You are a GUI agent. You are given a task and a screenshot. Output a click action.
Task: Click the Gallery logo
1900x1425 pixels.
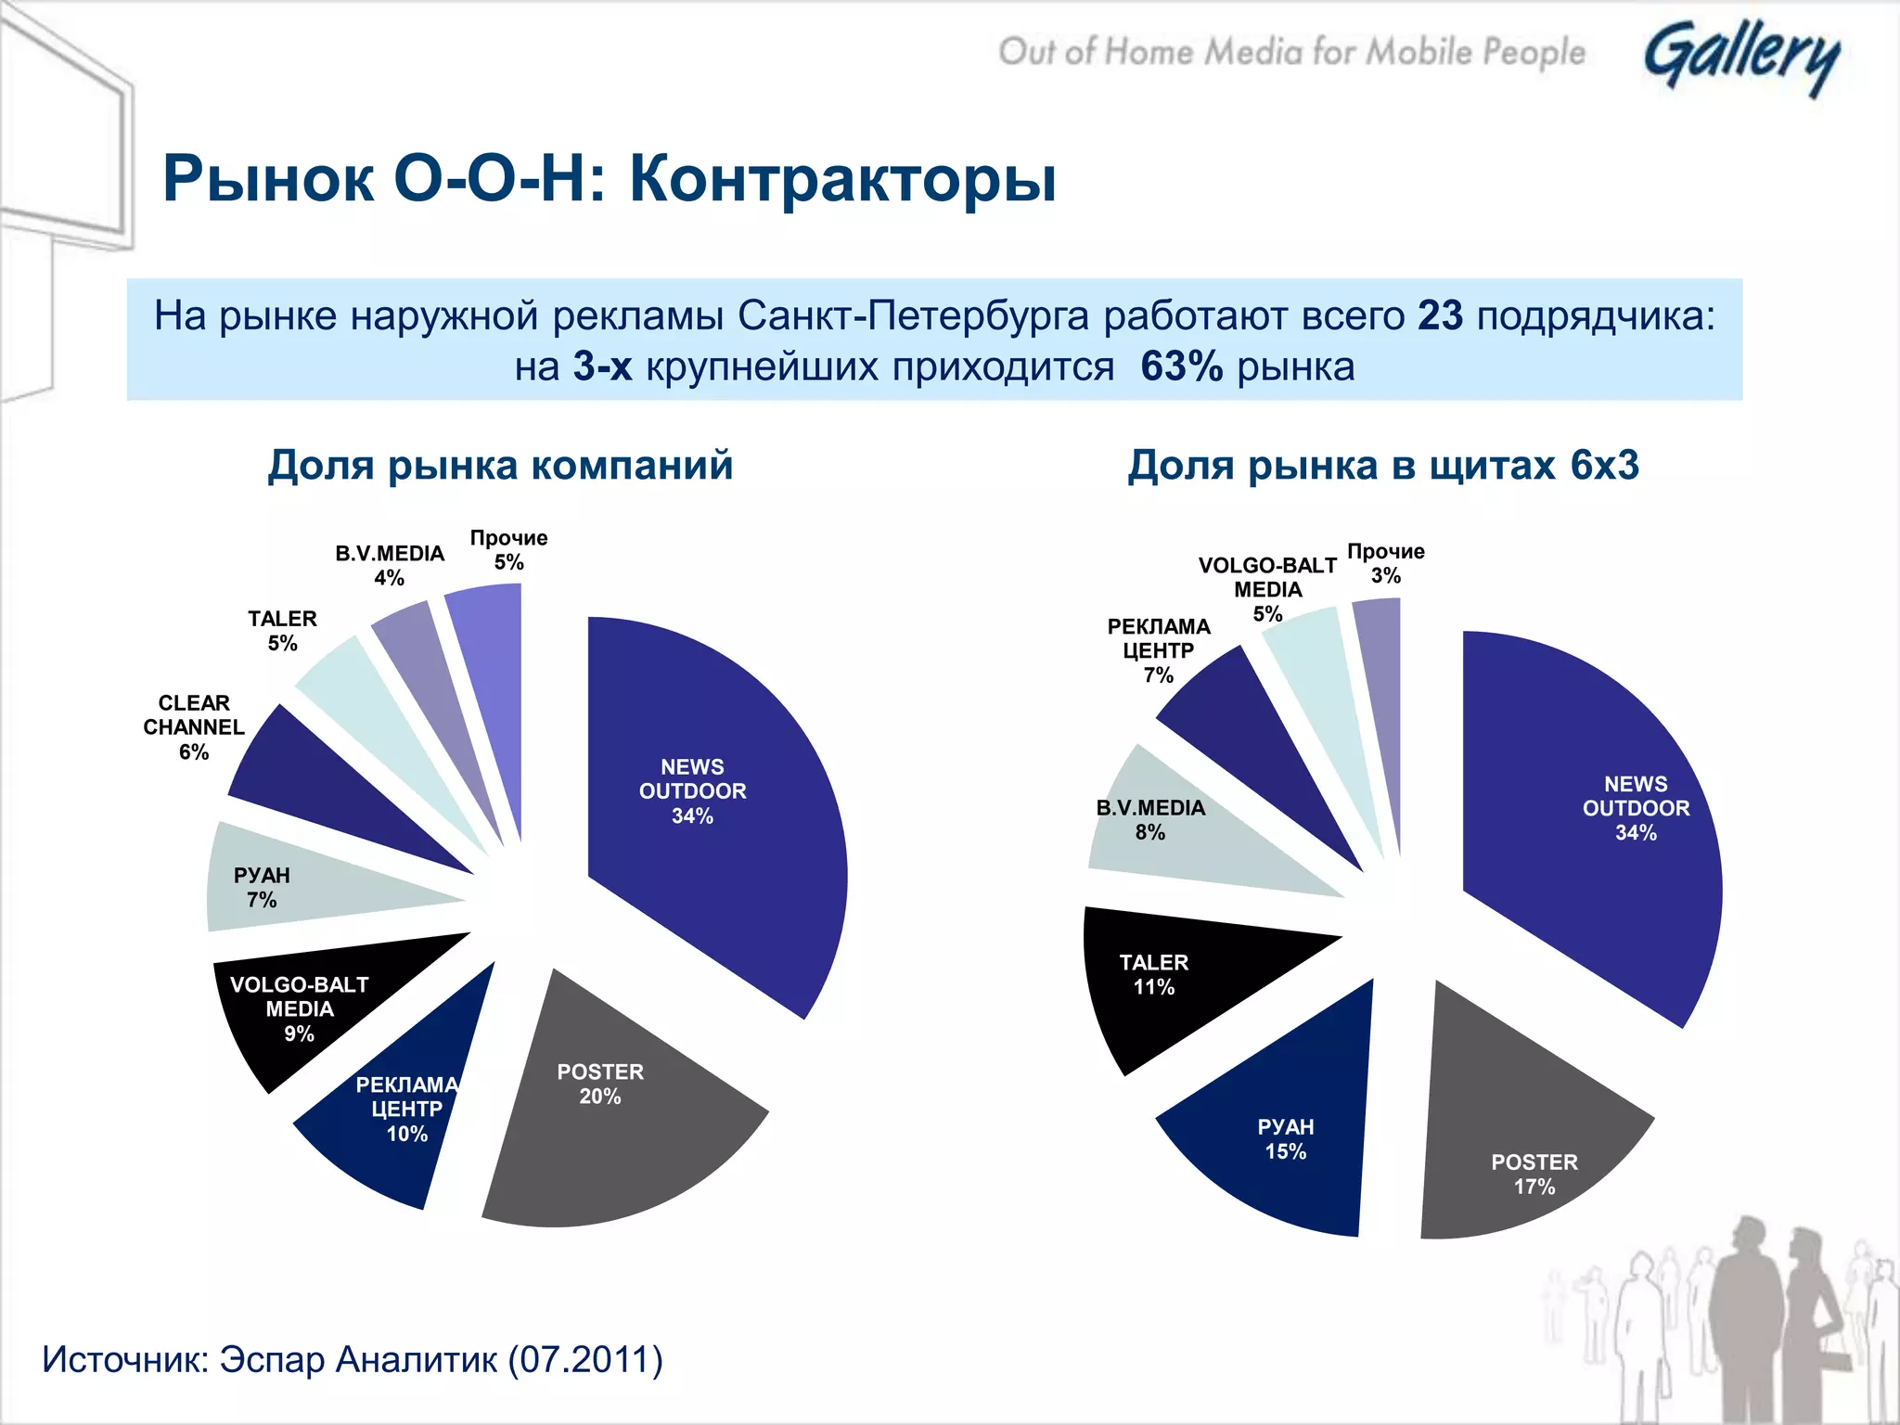click(1741, 58)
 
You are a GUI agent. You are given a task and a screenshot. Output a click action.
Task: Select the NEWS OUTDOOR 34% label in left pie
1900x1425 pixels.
click(692, 791)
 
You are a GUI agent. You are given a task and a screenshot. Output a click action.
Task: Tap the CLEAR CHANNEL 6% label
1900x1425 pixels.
click(193, 727)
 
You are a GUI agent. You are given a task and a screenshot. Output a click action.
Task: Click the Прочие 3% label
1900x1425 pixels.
click(1385, 563)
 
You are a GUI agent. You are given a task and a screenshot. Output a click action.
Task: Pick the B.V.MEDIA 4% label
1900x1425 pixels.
click(390, 565)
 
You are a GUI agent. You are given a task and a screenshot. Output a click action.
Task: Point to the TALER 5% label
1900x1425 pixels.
click(282, 631)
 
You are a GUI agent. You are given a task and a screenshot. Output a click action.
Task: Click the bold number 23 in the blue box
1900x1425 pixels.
click(1440, 316)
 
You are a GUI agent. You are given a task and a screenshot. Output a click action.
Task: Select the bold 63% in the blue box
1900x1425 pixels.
click(1181, 367)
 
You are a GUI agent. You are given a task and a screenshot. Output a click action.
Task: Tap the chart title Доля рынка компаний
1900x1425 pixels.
click(500, 465)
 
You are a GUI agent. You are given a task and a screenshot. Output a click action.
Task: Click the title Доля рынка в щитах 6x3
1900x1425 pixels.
click(1382, 465)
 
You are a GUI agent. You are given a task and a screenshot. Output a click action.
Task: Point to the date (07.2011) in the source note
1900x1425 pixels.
click(584, 1360)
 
